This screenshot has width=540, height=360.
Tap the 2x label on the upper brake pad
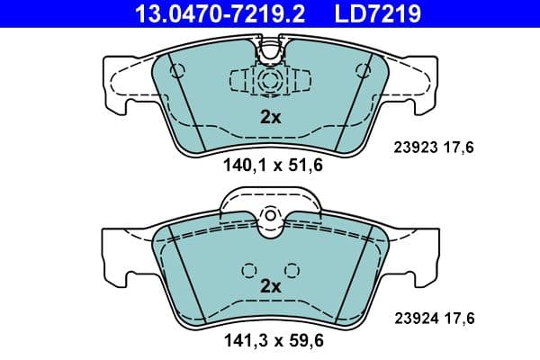(270, 116)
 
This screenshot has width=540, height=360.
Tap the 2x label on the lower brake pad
(270, 286)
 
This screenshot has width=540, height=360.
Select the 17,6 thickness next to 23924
(461, 318)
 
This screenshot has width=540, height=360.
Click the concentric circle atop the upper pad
(270, 80)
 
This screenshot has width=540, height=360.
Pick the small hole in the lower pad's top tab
(270, 217)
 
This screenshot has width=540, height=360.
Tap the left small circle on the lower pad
(248, 268)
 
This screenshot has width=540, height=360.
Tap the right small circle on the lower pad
(291, 268)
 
